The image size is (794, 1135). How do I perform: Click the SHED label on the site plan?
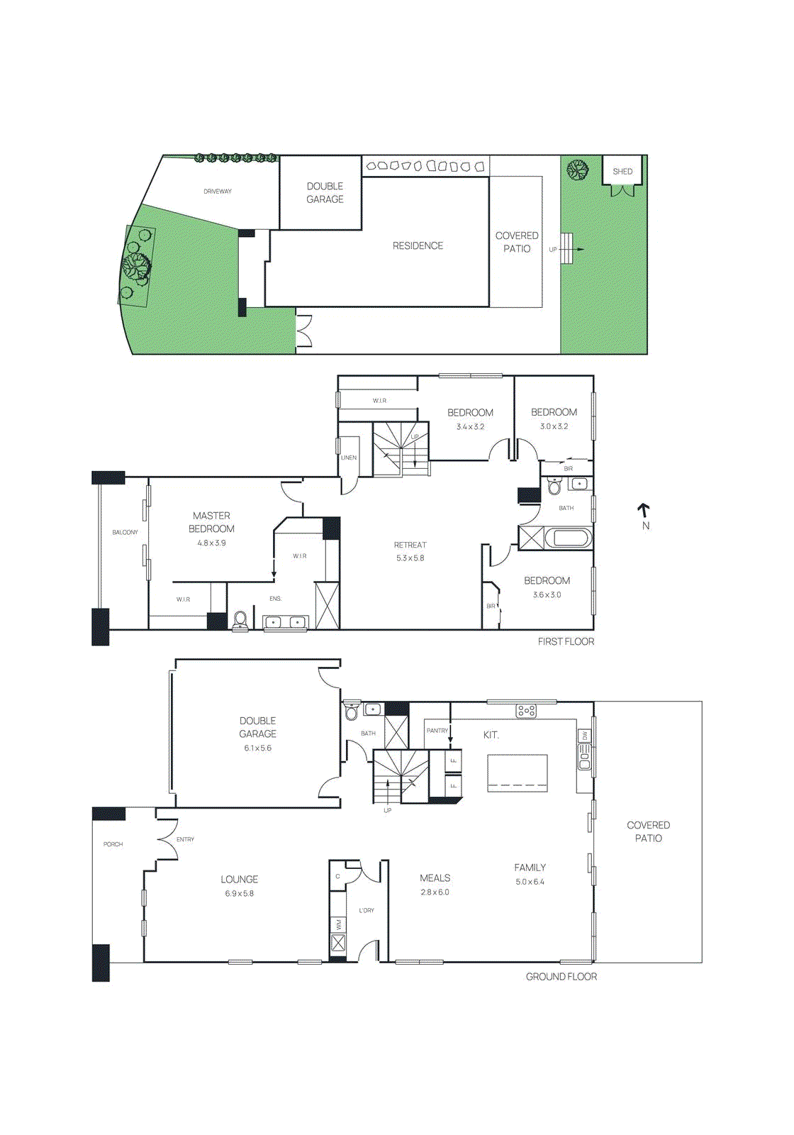[x=622, y=172]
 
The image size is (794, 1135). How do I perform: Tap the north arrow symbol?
[x=644, y=510]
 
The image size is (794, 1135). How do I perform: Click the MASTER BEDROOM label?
[x=211, y=522]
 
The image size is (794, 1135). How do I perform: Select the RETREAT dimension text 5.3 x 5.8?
[x=410, y=558]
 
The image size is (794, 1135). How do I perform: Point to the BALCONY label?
[x=125, y=532]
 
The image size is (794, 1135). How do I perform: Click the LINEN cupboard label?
[x=349, y=458]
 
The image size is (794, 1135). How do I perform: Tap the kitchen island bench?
[x=518, y=773]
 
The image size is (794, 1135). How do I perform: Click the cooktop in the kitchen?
[x=526, y=710]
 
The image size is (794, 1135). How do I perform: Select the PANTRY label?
[x=437, y=731]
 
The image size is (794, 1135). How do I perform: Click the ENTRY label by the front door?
[x=185, y=839]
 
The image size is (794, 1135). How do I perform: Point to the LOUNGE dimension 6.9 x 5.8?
[x=239, y=894]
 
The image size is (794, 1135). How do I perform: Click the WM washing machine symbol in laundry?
[x=339, y=925]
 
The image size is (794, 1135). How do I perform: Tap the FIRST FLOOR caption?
[x=566, y=641]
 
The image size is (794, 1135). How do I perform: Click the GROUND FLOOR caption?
[x=561, y=977]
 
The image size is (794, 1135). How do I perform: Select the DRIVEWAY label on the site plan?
[x=218, y=192]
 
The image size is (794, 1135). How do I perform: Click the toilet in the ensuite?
[x=240, y=620]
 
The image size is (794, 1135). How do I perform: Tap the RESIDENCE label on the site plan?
[x=418, y=245]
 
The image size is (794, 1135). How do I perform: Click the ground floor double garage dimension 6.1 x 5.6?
[x=257, y=748]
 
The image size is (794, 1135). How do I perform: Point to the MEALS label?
[x=435, y=878]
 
